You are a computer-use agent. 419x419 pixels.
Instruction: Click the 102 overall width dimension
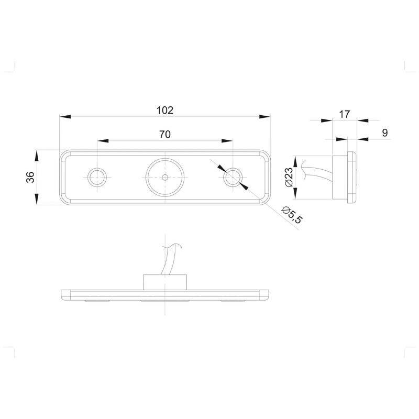[x=165, y=110]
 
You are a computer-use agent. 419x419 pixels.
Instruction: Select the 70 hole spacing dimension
[x=165, y=134]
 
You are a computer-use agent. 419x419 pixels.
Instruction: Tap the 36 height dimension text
[x=30, y=177]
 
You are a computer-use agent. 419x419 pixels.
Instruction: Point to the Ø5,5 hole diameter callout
[x=292, y=215]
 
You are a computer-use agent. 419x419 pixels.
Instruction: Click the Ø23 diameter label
[x=289, y=177]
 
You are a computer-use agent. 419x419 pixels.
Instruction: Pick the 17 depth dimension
[x=344, y=114]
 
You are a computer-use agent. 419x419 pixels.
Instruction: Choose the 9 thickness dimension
[x=385, y=133]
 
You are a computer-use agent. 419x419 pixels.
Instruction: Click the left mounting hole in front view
[x=97, y=177]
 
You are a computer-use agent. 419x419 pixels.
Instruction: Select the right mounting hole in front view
[x=233, y=177]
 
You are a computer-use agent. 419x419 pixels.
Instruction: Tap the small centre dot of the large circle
[x=165, y=177]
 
